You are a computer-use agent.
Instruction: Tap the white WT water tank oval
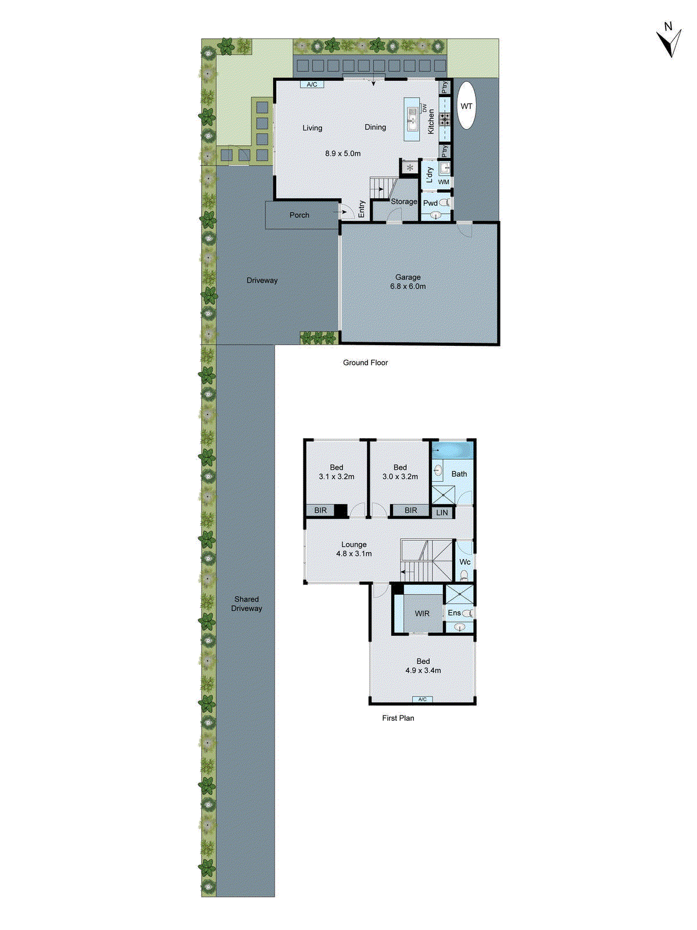(x=466, y=106)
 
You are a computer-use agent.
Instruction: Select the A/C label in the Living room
(x=312, y=84)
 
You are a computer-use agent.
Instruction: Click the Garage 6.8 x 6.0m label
(x=408, y=282)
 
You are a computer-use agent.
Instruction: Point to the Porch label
(x=299, y=215)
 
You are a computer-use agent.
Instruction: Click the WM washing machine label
(x=444, y=182)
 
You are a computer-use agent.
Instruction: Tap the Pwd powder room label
(x=430, y=203)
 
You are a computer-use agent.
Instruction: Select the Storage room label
(x=403, y=202)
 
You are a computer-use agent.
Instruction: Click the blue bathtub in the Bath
(x=452, y=450)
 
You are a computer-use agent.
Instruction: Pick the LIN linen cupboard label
(x=442, y=513)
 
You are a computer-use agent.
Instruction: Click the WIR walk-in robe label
(x=422, y=614)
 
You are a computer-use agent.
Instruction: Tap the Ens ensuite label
(x=454, y=613)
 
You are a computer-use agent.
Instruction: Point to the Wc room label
(x=464, y=562)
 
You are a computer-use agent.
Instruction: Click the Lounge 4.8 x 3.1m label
(x=353, y=549)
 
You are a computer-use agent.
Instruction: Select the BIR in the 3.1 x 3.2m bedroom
(x=320, y=510)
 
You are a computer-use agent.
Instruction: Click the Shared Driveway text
(x=246, y=603)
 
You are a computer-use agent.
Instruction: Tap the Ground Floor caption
(x=365, y=363)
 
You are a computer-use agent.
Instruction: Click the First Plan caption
(x=398, y=718)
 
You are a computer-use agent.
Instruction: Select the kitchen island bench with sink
(x=412, y=119)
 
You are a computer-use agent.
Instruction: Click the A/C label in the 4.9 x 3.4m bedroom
(x=423, y=699)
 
